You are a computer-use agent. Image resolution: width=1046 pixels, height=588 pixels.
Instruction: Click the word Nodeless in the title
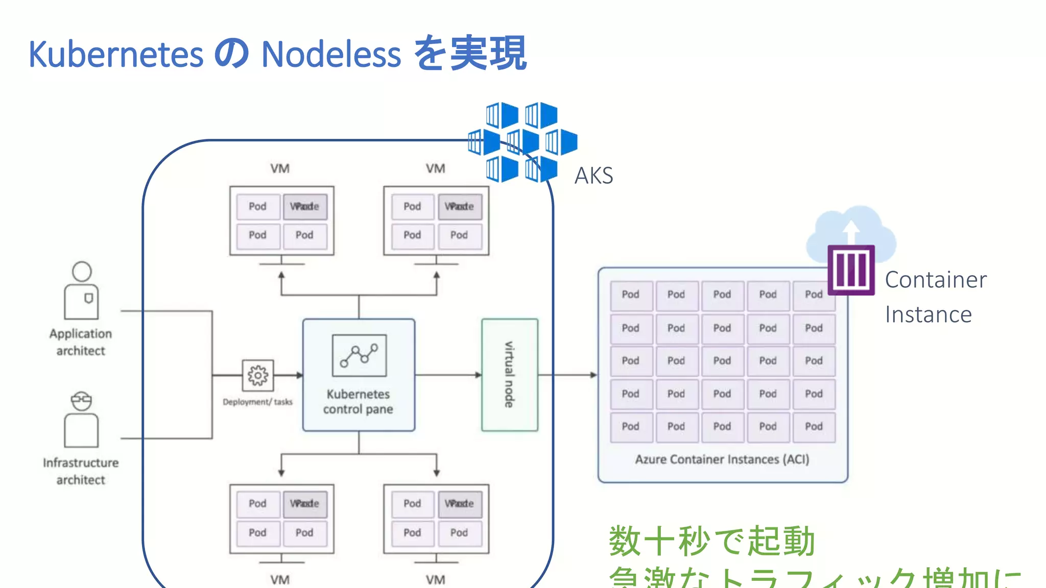click(x=331, y=54)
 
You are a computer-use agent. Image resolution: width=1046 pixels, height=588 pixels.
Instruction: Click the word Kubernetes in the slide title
click(x=116, y=54)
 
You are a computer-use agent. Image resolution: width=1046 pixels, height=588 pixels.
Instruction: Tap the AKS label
click(x=593, y=176)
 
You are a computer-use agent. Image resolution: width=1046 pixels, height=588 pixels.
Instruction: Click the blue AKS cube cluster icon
click(x=522, y=142)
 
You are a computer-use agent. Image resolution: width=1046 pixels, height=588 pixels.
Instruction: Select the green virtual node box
click(x=509, y=375)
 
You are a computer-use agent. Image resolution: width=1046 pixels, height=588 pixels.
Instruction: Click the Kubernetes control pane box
click(x=359, y=375)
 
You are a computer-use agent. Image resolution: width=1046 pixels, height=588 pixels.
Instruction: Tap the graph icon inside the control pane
click(x=359, y=355)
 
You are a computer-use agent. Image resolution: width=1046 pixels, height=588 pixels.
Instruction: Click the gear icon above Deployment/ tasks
click(x=257, y=375)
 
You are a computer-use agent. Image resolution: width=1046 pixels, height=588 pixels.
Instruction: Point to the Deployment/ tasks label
click(x=257, y=402)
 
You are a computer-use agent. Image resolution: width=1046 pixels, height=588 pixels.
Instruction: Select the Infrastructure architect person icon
click(x=81, y=420)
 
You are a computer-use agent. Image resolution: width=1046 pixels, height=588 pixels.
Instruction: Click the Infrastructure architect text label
click(x=81, y=471)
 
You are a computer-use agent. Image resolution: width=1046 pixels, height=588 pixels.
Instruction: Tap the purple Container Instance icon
click(x=851, y=270)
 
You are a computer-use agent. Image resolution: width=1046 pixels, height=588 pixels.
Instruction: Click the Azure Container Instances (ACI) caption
click(x=722, y=459)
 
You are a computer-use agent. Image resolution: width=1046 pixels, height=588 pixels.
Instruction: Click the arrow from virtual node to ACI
click(x=567, y=375)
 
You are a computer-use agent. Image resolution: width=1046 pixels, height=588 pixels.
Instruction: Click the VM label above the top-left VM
click(x=280, y=168)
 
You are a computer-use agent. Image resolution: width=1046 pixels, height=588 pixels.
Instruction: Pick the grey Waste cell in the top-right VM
click(x=459, y=206)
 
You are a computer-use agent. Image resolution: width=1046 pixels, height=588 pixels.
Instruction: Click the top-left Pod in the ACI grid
click(x=630, y=295)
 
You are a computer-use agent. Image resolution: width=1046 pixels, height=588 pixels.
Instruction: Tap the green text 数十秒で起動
click(x=711, y=541)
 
